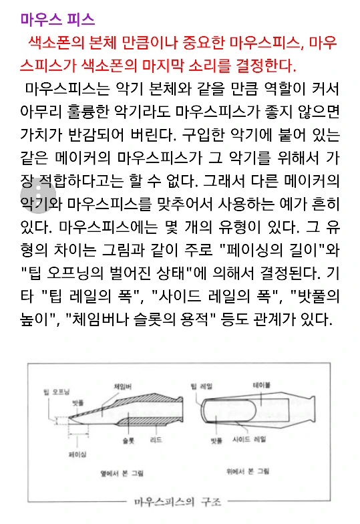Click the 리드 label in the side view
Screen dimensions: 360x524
click(x=156, y=441)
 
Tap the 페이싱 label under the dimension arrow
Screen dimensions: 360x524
click(x=77, y=454)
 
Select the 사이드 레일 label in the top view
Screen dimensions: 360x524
click(x=249, y=440)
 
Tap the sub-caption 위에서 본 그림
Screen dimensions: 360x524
click(x=247, y=472)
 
